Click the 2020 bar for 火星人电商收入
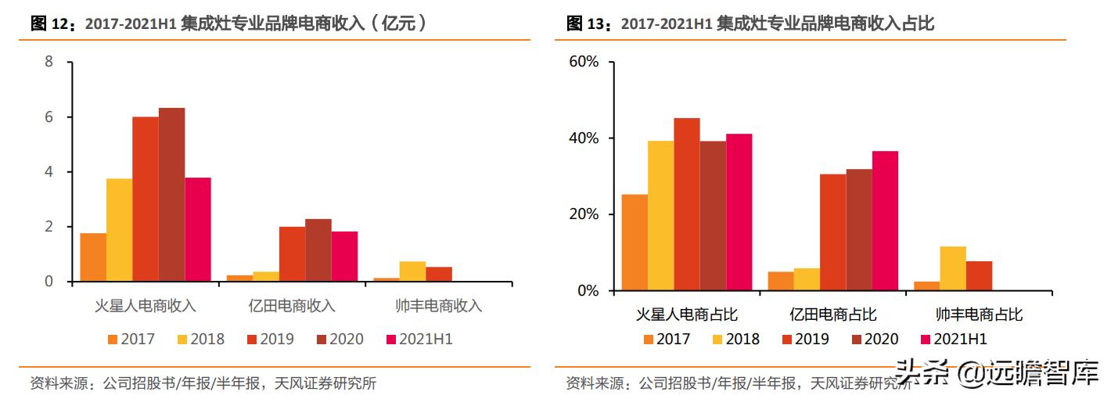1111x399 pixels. [x=171, y=195]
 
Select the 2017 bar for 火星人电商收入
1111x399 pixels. [x=93, y=257]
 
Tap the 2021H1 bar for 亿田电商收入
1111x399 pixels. [x=344, y=257]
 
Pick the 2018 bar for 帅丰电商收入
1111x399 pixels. [x=412, y=271]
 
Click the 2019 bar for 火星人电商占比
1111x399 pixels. [x=687, y=204]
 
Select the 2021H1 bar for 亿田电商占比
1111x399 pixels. [x=885, y=221]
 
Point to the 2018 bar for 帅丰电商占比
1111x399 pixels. [x=952, y=268]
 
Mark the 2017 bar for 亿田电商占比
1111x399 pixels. [x=780, y=281]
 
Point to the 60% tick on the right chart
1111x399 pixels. [x=582, y=62]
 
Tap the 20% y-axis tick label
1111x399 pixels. [x=582, y=214]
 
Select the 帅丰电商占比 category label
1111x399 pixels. [x=979, y=315]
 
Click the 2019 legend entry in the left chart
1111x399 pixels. [x=270, y=340]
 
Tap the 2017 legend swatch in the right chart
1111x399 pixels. [x=648, y=340]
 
